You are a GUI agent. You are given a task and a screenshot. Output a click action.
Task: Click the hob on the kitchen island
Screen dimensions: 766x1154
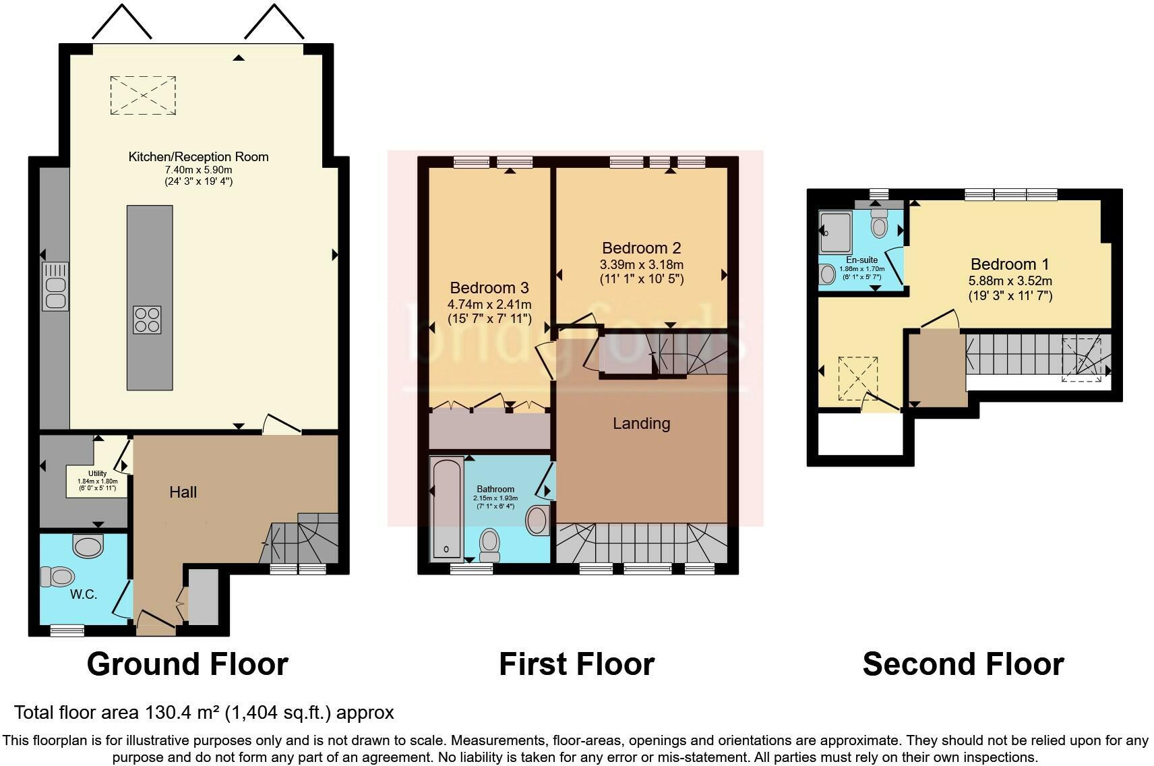coord(148,320)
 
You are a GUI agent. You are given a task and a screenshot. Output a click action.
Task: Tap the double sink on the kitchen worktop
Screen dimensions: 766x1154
coord(55,287)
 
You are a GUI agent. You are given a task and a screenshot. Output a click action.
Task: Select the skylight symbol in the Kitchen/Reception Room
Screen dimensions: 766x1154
coord(143,96)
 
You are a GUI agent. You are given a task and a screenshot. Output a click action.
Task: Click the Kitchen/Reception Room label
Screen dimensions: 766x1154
coord(198,157)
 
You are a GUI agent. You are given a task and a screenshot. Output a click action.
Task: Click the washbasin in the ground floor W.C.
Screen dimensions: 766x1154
coord(88,545)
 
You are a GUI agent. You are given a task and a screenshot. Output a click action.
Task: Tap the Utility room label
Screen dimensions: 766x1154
coord(97,473)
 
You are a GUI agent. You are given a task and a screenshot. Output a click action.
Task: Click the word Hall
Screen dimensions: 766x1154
coord(183,492)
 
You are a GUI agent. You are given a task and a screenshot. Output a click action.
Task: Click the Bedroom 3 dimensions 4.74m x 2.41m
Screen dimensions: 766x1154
coord(489,305)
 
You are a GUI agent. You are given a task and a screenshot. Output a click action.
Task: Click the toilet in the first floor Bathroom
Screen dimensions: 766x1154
coord(489,543)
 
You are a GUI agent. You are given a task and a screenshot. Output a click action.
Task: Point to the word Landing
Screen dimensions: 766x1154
coord(641,423)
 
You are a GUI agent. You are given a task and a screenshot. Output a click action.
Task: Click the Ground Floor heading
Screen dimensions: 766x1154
coord(187,664)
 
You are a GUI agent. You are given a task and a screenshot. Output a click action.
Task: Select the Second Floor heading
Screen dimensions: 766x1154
coord(963,664)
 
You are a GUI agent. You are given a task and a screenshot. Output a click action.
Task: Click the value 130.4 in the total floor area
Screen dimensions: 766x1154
coord(162,713)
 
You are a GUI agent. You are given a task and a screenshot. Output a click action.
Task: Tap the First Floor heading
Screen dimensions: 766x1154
coord(576,664)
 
